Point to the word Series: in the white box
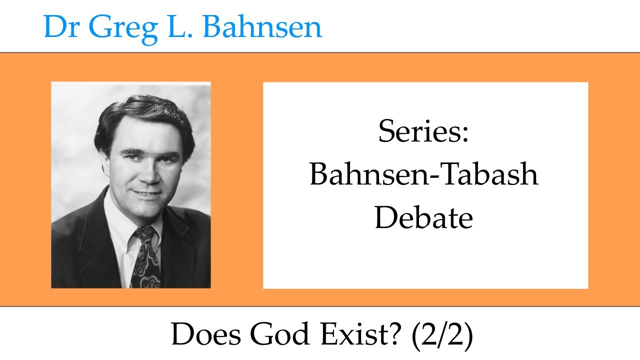click(x=423, y=132)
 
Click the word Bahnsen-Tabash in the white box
click(x=423, y=175)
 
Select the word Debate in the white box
click(x=423, y=218)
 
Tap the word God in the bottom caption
click(x=276, y=335)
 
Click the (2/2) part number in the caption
click(x=441, y=335)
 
